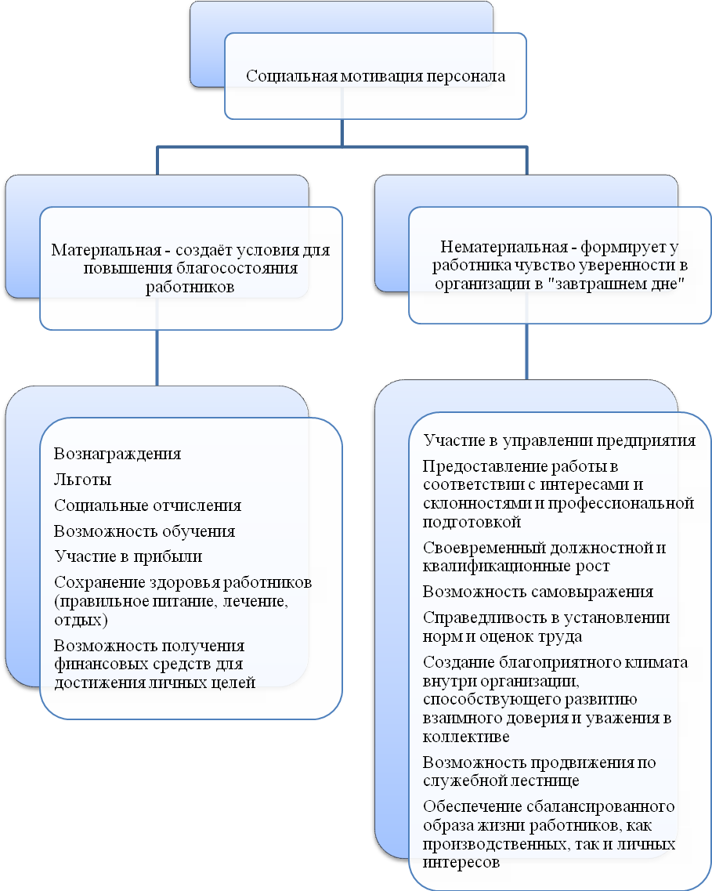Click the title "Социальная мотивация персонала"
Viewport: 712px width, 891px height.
pos(375,76)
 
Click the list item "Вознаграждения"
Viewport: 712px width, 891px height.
pos(117,454)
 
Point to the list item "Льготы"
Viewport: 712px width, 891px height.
pos(82,480)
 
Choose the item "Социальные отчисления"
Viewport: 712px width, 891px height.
pos(147,505)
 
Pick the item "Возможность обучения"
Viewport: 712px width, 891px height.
pos(144,531)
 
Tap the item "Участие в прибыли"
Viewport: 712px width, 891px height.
pos(128,556)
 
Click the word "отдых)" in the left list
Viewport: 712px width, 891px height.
pos(81,619)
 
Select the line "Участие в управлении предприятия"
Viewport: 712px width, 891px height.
pos(559,440)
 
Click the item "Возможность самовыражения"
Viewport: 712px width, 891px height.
pos(537,592)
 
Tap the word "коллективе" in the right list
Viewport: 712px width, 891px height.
pos(466,737)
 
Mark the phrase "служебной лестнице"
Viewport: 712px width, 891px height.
pos(501,781)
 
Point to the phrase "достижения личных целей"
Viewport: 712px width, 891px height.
pos(154,683)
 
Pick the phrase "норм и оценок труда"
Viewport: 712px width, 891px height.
pos(503,636)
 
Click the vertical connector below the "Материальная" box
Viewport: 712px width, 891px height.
pos(157,358)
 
